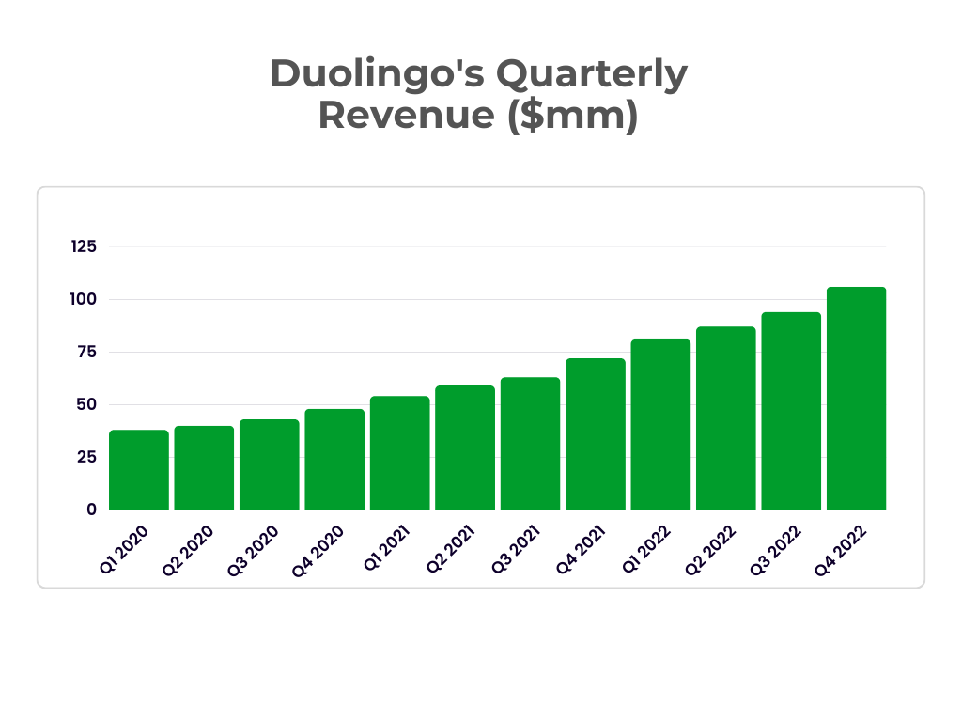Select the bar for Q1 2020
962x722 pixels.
(139, 470)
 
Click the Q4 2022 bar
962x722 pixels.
(856, 399)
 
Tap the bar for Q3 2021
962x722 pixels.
(530, 444)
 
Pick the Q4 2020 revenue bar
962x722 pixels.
(334, 460)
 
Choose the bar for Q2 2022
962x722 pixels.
(725, 418)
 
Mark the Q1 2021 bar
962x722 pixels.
(399, 453)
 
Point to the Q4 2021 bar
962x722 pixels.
(595, 434)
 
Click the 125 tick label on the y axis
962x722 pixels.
(84, 246)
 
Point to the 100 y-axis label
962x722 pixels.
(84, 299)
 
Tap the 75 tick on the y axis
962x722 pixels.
(86, 352)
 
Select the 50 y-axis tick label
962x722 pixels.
(86, 404)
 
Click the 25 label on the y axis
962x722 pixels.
(86, 457)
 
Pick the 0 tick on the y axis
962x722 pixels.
(91, 510)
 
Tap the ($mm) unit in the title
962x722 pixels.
(573, 116)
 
